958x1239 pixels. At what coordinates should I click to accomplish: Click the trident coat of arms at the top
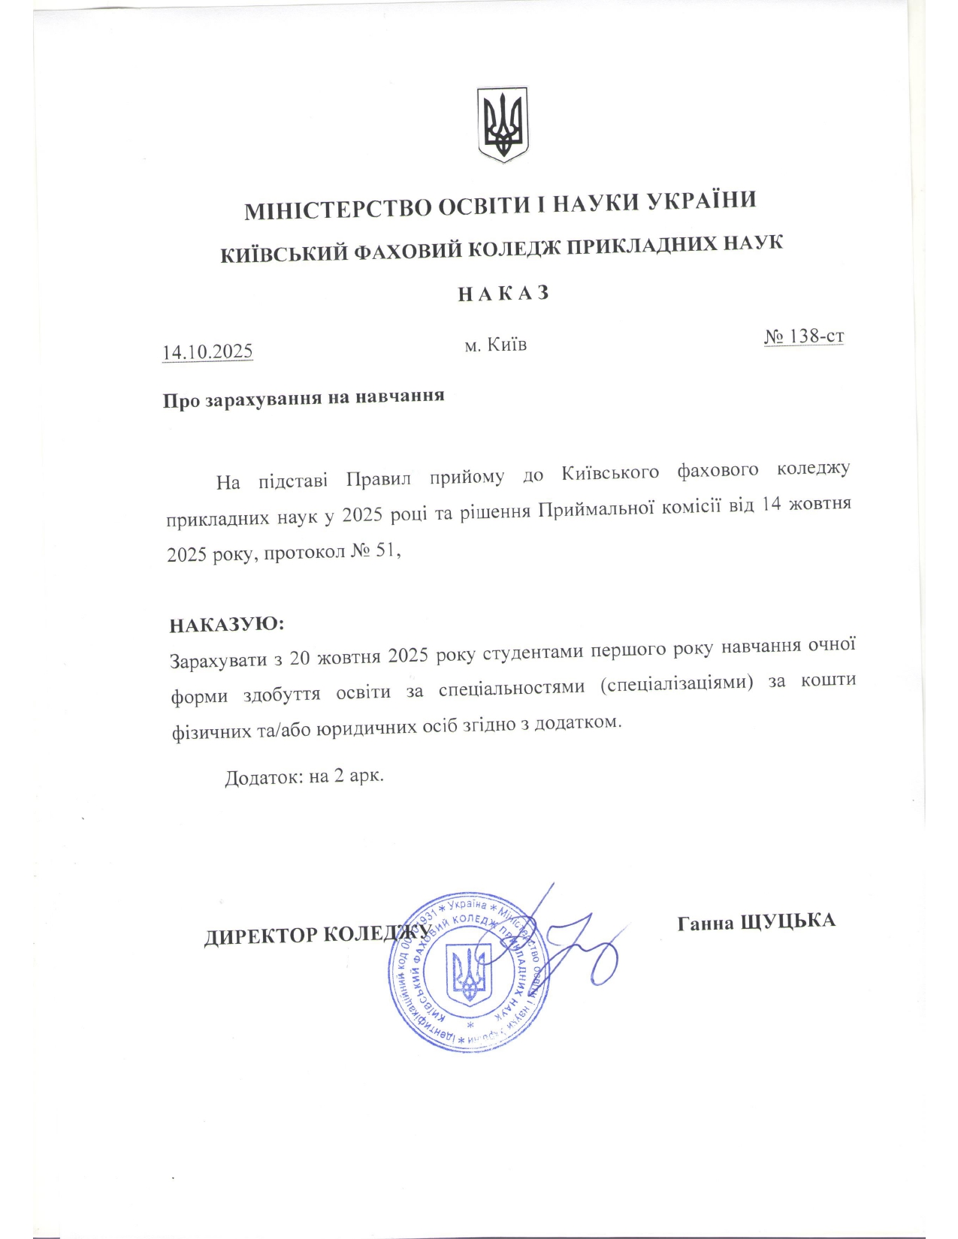pyautogui.click(x=503, y=124)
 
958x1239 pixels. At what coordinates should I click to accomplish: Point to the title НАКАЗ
pyautogui.click(x=503, y=293)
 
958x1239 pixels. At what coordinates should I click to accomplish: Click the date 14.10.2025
pyautogui.click(x=207, y=351)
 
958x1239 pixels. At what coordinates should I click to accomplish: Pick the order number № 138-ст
pyautogui.click(x=803, y=336)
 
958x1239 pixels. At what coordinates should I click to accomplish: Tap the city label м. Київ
pyautogui.click(x=495, y=345)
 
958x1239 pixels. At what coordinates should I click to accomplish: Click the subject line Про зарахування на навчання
pyautogui.click(x=304, y=397)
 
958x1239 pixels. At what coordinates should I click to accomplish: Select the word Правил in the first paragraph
pyautogui.click(x=379, y=478)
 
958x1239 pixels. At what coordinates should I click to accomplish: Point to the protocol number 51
pyautogui.click(x=384, y=552)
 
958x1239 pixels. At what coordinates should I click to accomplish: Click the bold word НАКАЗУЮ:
pyautogui.click(x=227, y=625)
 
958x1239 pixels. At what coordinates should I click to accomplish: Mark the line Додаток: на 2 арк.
pyautogui.click(x=304, y=776)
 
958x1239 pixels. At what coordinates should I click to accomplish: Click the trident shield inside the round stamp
pyautogui.click(x=469, y=975)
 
